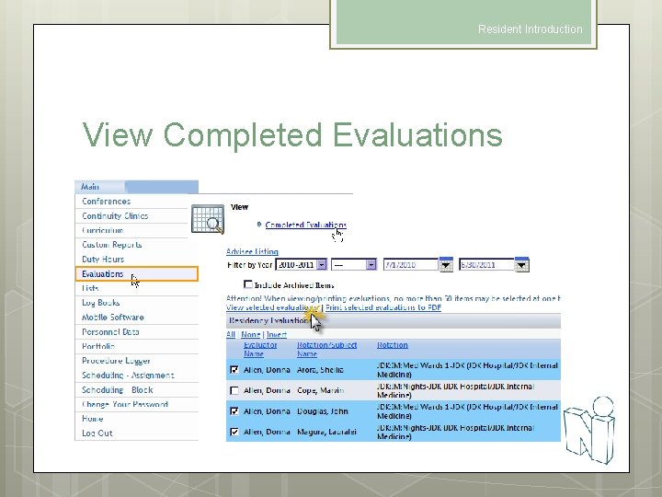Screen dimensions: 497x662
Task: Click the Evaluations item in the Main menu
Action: point(103,274)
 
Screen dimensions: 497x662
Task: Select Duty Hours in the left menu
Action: point(103,260)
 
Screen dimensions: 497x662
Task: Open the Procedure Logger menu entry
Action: point(116,361)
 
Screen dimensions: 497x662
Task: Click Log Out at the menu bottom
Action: point(97,433)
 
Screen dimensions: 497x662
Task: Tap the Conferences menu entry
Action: point(107,202)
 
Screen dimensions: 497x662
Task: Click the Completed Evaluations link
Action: point(305,225)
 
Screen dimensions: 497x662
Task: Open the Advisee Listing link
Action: point(252,251)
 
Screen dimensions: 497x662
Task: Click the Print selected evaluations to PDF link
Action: point(383,307)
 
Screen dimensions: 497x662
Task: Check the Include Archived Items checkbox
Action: point(249,285)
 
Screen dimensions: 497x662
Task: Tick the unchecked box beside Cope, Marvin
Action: point(234,391)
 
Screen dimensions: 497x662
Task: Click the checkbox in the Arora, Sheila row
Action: point(234,370)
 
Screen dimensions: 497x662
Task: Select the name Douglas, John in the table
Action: point(321,411)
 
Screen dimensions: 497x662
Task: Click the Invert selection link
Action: point(277,334)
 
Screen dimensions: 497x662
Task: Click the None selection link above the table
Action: point(250,334)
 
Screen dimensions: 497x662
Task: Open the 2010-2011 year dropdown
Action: point(321,265)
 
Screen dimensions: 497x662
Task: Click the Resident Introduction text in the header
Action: point(530,29)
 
